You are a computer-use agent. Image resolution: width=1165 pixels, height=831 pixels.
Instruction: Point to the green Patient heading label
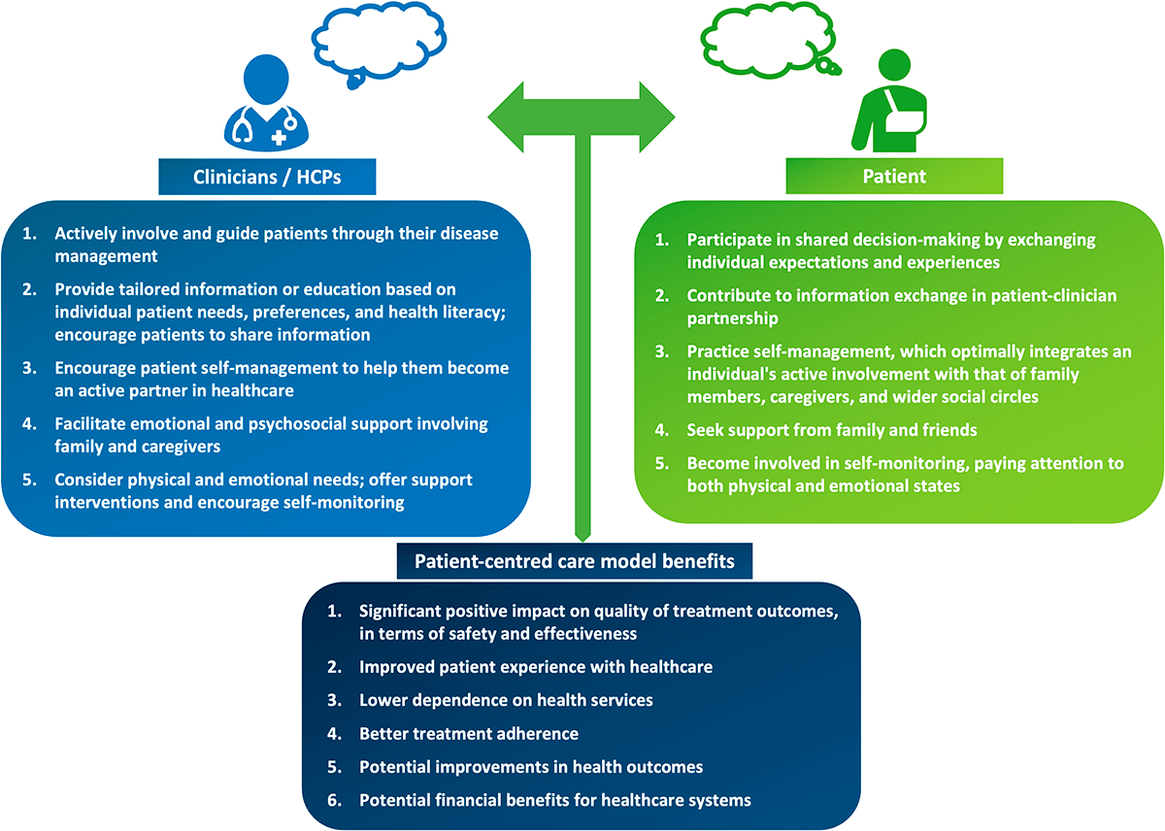coord(893,177)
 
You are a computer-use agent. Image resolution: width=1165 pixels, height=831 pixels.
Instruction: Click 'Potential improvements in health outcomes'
coord(531,767)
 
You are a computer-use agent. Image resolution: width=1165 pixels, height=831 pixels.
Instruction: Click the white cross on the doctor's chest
coord(279,139)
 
